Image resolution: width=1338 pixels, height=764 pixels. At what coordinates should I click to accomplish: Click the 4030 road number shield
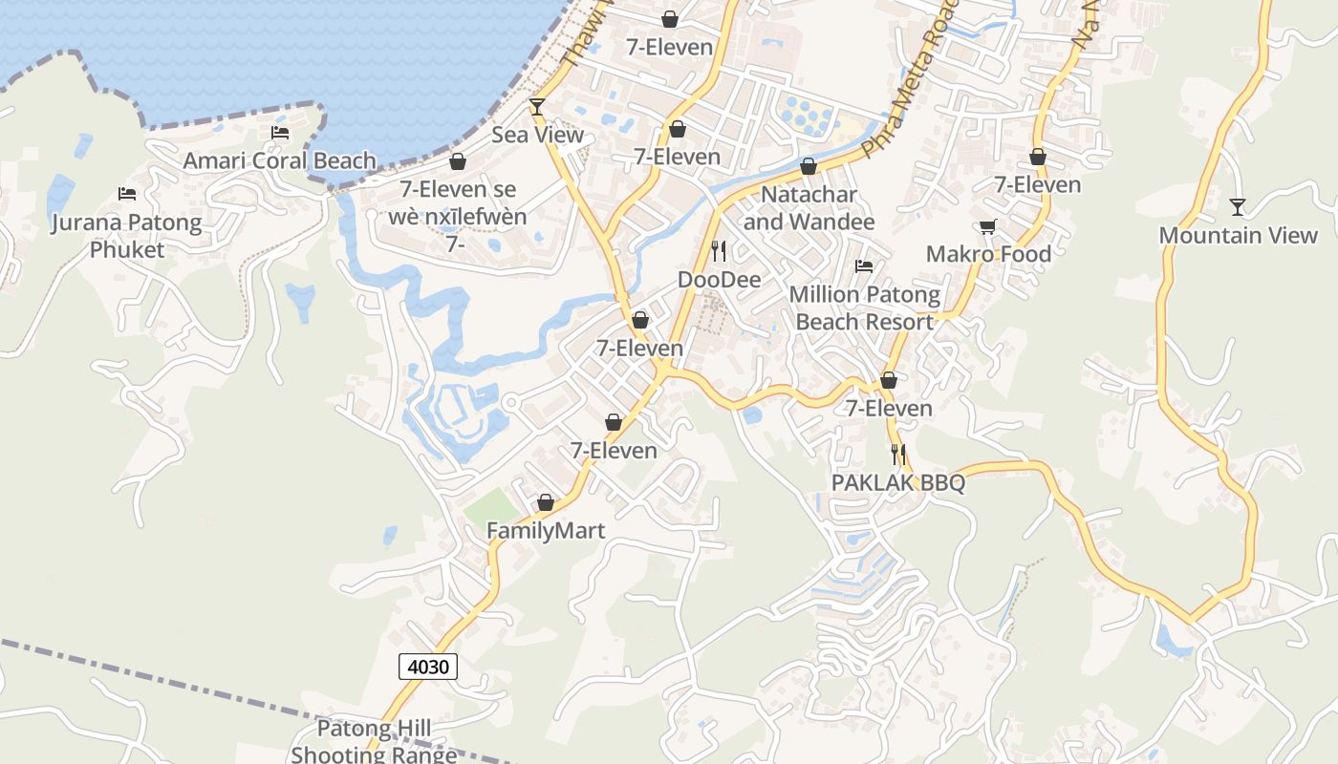coord(427,667)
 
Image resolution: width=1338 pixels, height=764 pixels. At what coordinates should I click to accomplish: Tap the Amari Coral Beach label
coord(279,160)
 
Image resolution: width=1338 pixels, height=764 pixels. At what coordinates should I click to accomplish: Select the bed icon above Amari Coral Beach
coord(279,133)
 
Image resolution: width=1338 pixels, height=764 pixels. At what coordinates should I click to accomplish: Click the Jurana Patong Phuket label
coord(127,236)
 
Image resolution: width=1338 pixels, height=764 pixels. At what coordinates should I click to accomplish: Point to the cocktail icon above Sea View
coord(537,106)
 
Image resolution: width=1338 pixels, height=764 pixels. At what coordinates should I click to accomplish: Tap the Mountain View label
coord(1238,235)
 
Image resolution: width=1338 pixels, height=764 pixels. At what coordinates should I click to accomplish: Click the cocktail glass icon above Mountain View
coord(1238,206)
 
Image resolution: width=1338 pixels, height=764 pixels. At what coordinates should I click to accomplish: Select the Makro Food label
coord(988,254)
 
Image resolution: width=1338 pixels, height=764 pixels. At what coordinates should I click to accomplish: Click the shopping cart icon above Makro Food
coord(987,227)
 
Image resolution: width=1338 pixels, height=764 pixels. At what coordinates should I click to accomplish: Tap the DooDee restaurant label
coord(719,280)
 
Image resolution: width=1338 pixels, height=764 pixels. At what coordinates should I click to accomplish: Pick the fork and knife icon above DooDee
coord(719,251)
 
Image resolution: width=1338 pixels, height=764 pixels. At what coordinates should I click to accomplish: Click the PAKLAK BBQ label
coord(897,483)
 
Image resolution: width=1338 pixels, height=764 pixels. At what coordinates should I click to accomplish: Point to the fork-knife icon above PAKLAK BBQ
coord(897,455)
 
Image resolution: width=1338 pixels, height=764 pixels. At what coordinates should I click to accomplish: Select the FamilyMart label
coord(546,531)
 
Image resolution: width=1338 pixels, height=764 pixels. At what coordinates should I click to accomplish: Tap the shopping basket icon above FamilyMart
coord(546,502)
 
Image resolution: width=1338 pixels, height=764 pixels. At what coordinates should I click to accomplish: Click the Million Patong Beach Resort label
coord(864,308)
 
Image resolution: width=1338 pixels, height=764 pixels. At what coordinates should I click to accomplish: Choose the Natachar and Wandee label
coord(809,208)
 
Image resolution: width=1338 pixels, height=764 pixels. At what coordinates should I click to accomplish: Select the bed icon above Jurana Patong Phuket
coord(127,194)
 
